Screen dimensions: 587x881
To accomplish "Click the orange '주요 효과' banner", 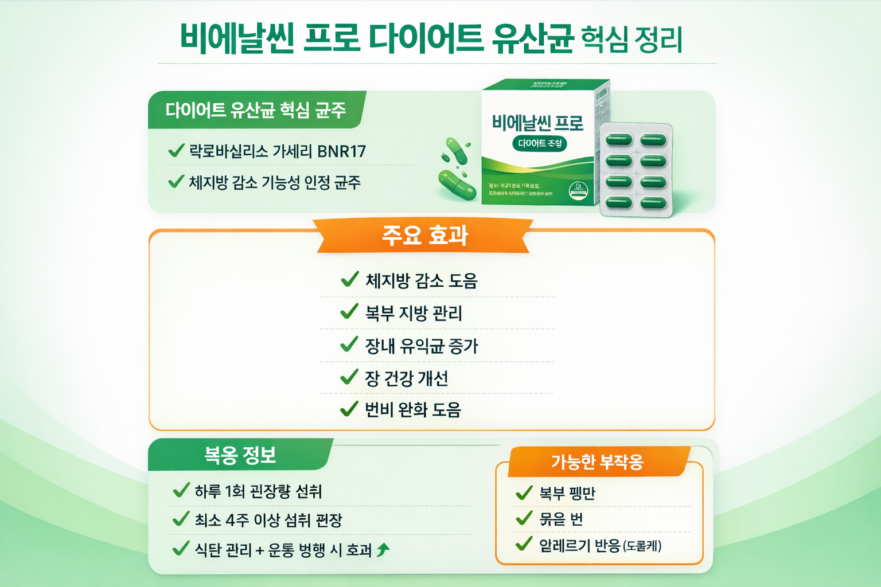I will [x=424, y=236].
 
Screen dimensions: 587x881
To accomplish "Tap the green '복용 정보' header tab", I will [x=240, y=455].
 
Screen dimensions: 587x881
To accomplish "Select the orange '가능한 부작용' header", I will [x=597, y=462].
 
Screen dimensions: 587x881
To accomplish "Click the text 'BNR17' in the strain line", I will [x=341, y=151].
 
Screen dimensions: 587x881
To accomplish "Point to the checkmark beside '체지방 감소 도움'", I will [x=349, y=279].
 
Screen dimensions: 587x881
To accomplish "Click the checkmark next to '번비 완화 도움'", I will [x=349, y=409].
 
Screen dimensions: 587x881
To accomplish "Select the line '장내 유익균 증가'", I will [x=421, y=346].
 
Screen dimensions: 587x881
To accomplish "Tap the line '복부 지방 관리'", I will [x=413, y=313].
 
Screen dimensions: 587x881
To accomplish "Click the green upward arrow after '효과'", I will [x=383, y=550].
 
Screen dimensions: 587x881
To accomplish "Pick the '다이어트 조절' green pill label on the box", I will [x=539, y=143].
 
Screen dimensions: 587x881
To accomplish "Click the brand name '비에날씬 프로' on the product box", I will [x=537, y=123].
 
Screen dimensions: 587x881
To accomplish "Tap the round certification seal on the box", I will [x=578, y=190].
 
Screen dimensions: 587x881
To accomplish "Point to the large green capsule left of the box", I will [x=457, y=185].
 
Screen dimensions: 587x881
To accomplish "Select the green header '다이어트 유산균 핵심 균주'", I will [x=256, y=109].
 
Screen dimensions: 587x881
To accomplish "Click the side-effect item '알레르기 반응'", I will [x=580, y=545].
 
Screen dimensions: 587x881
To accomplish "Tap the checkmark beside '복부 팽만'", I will [x=524, y=493].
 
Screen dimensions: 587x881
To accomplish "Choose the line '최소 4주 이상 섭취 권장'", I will [x=268, y=521].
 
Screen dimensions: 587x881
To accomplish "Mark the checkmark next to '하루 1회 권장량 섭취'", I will [x=181, y=491].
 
